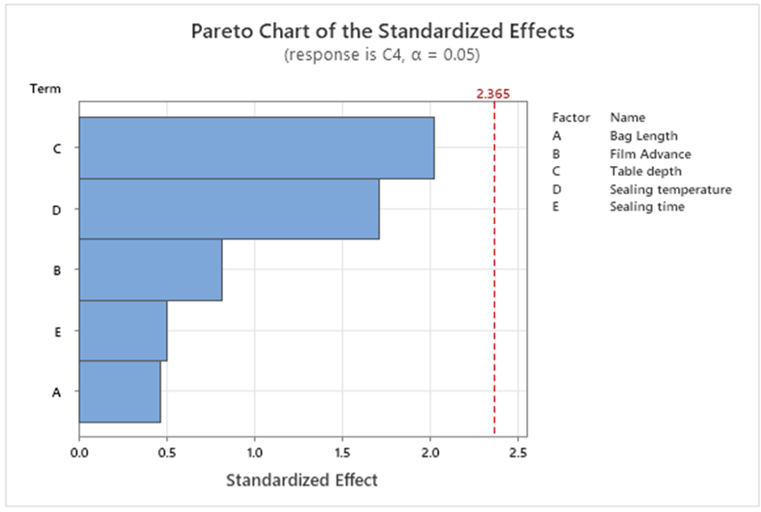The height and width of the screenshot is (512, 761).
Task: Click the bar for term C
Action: (256, 147)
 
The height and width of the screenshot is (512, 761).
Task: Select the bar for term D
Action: (229, 209)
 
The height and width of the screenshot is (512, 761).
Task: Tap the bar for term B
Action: (151, 270)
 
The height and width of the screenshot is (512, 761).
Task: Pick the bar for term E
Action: (123, 330)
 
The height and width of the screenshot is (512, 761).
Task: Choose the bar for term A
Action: (120, 391)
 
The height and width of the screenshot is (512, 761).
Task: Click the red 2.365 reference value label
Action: (493, 94)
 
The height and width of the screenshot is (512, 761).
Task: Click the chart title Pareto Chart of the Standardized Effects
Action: (383, 31)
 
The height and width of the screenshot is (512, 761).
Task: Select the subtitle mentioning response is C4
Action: (383, 54)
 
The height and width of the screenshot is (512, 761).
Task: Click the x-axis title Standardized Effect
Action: (302, 480)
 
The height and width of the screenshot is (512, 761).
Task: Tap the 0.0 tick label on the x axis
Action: (79, 453)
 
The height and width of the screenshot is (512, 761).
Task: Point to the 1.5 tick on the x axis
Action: (342, 453)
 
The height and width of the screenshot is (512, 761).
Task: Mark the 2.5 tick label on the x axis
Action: (517, 453)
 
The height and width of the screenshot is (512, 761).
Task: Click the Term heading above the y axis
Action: (45, 88)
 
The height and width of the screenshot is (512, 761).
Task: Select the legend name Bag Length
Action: (643, 136)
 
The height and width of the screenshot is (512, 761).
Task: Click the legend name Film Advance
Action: (650, 153)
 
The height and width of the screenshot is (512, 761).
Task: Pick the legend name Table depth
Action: (645, 171)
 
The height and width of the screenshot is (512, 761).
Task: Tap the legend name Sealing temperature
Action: (670, 189)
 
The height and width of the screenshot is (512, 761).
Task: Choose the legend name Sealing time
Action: (647, 206)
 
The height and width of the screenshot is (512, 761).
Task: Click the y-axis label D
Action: (56, 209)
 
